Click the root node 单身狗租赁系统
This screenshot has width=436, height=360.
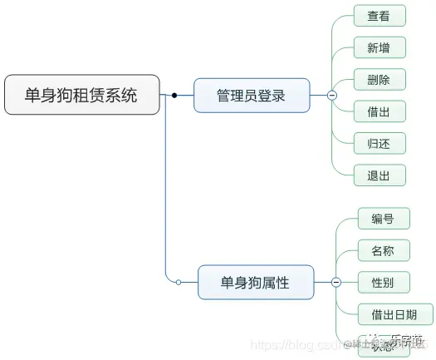click(x=81, y=95)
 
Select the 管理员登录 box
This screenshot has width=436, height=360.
click(x=251, y=96)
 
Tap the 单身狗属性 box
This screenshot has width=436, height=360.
click(x=255, y=283)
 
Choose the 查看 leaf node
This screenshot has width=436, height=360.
click(x=379, y=16)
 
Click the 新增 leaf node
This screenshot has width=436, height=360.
click(x=379, y=47)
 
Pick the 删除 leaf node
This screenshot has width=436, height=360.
click(x=379, y=80)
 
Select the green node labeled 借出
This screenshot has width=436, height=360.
click(x=379, y=111)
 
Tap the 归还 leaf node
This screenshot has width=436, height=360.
click(x=379, y=143)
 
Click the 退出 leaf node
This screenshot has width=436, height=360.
click(x=379, y=175)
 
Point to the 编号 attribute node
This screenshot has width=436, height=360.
click(x=383, y=219)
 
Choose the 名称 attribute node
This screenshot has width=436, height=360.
click(x=383, y=250)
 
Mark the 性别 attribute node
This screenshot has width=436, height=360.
click(x=383, y=283)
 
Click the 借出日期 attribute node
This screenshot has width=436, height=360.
click(x=395, y=314)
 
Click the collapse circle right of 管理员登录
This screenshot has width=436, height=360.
click(x=332, y=96)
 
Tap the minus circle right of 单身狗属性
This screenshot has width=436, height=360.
click(x=336, y=283)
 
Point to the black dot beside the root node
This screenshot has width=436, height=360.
click(x=174, y=96)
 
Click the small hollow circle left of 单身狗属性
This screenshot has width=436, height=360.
click(x=178, y=283)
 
